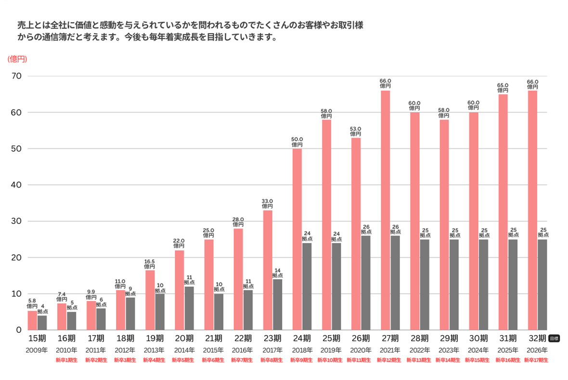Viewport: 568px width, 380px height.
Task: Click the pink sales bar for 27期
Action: [385, 210]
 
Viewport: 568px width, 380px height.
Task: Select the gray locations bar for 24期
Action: [307, 286]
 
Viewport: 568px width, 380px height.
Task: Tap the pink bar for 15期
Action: [32, 320]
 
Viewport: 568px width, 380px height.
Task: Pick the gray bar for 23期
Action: [278, 304]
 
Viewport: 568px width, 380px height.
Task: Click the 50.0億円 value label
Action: [297, 142]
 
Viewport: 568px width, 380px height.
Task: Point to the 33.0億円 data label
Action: [267, 204]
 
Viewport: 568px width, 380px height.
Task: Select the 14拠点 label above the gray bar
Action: [278, 273]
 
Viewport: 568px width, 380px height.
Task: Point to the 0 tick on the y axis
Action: [19, 330]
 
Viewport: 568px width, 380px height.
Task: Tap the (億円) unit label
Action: [17, 59]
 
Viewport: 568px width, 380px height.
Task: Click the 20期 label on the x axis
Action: [184, 338]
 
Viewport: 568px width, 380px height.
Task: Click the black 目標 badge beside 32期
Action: [554, 339]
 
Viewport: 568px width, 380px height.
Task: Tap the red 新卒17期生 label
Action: [536, 360]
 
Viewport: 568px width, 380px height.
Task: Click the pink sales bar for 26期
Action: [356, 234]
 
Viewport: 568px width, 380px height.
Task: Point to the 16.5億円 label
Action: [150, 264]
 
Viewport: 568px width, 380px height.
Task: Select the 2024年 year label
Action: [478, 350]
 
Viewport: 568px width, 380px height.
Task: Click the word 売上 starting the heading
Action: [24, 25]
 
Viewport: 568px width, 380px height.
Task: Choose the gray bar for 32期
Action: [542, 285]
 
